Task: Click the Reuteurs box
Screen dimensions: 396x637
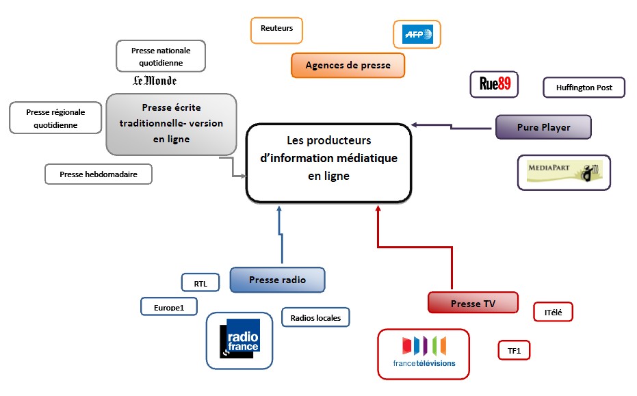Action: point(276,29)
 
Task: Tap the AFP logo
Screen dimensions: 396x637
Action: point(417,34)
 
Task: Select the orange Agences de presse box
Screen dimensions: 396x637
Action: point(348,66)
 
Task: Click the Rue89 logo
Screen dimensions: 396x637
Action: point(495,84)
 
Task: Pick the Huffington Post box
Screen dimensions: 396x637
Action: point(584,88)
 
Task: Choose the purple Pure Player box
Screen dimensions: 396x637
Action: point(543,127)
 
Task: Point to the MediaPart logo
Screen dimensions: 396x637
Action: point(564,172)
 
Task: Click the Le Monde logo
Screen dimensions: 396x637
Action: point(155,81)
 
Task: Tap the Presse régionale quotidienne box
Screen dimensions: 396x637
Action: point(55,118)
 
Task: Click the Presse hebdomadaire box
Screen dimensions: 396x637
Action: point(98,174)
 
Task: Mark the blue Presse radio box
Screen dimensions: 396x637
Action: point(277,280)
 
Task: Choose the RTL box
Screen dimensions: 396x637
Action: point(200,282)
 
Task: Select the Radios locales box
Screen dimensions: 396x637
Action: point(315,317)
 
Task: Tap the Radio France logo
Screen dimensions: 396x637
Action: point(239,341)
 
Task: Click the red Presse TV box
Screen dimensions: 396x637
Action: point(473,303)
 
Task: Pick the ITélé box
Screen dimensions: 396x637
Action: point(553,312)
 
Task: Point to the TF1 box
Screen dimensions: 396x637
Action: point(514,351)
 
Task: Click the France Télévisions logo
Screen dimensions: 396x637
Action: point(424,354)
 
